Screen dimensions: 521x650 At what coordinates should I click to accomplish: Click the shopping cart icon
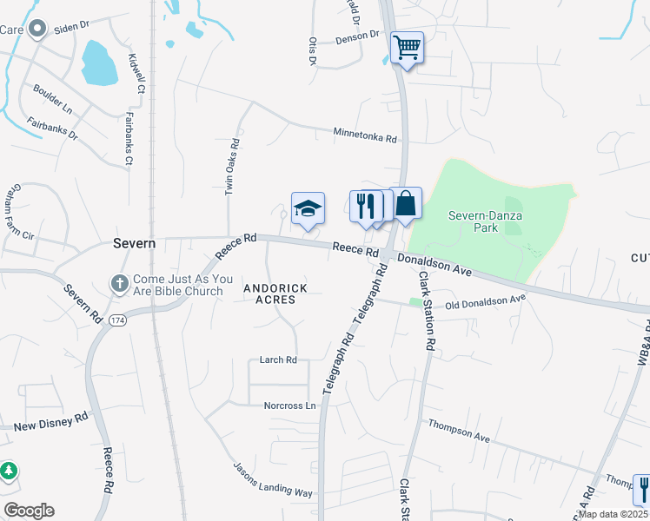point(407,47)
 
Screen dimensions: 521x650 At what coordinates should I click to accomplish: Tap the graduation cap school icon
point(308,209)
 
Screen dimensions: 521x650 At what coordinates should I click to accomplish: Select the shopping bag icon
point(406,204)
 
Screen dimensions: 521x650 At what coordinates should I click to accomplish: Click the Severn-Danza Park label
point(473,221)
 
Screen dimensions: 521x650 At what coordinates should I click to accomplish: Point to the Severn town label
point(134,244)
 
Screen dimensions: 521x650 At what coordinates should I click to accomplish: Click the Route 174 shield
point(118,320)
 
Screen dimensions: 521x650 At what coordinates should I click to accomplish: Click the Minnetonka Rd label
point(365,135)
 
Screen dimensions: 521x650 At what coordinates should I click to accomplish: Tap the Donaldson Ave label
point(434,265)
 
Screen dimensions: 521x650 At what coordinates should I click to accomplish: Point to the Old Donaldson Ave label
point(485,301)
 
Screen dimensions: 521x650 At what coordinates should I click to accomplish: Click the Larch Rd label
point(278,359)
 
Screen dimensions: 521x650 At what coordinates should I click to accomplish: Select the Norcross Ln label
point(289,406)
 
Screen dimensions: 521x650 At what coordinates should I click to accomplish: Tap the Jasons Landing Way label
point(272,479)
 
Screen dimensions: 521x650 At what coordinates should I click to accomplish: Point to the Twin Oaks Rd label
point(232,166)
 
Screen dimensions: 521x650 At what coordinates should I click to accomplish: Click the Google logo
point(29,511)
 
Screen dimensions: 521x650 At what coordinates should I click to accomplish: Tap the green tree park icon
point(9,472)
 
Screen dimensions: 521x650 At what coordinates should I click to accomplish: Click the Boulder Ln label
point(52,98)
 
